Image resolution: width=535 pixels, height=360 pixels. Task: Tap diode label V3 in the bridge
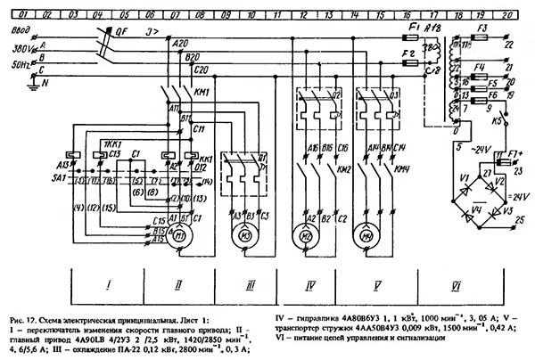point(508,212)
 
